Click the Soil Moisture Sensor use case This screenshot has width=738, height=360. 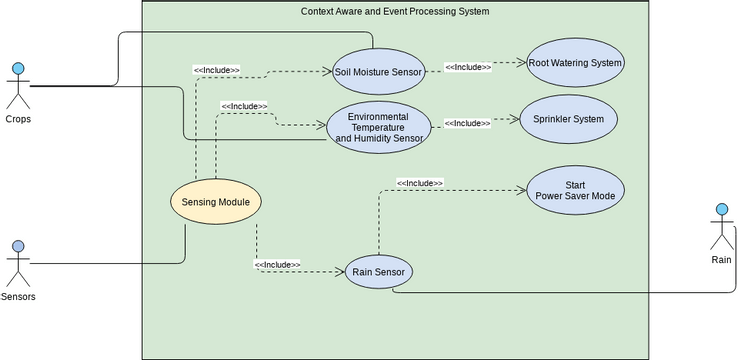[378, 71]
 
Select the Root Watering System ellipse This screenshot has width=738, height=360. [575, 63]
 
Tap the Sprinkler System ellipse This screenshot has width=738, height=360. [568, 120]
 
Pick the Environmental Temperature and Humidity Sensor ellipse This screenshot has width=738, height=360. [379, 127]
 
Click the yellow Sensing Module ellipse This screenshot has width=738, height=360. [216, 202]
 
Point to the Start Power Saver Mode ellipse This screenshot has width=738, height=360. [575, 190]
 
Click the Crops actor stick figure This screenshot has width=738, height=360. [17, 86]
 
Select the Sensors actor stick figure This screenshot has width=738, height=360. [17, 262]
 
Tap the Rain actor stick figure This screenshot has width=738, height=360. [721, 228]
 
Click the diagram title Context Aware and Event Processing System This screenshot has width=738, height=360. [395, 11]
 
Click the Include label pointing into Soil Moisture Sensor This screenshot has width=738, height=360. [216, 70]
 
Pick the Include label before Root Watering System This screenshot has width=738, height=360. [468, 67]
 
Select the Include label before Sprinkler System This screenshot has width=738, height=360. [467, 123]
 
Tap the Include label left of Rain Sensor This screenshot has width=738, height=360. [278, 265]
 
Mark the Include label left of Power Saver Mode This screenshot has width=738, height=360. [420, 183]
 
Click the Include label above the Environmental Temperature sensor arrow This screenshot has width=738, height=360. [244, 106]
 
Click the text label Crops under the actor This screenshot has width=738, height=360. [17, 120]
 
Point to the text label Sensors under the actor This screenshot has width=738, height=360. [17, 296]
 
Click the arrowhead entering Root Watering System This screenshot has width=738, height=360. [521, 62]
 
